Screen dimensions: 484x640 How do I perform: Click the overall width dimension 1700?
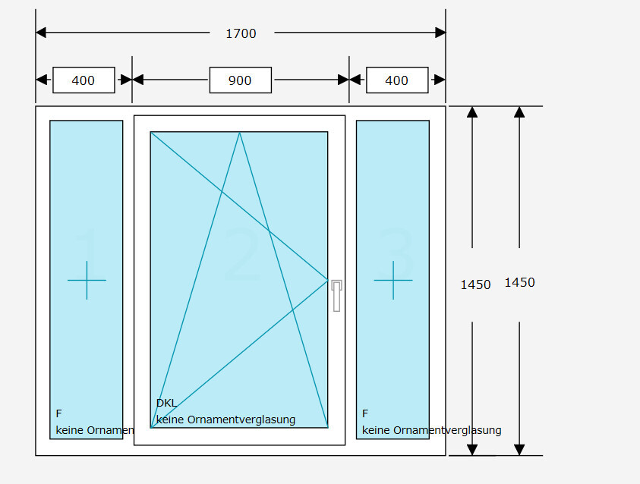pyautogui.click(x=241, y=33)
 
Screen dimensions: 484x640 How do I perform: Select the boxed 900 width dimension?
pyautogui.click(x=240, y=80)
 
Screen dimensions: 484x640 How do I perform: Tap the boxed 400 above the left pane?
pyautogui.click(x=84, y=80)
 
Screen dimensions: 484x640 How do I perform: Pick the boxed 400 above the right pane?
pyautogui.click(x=396, y=80)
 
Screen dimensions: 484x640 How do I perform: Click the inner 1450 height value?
pyautogui.click(x=475, y=284)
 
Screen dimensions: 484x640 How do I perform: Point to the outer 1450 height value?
pyautogui.click(x=519, y=282)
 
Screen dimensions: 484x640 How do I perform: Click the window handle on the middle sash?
pyautogui.click(x=336, y=295)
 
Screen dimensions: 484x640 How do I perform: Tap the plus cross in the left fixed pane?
pyautogui.click(x=87, y=280)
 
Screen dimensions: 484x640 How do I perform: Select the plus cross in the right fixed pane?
pyautogui.click(x=393, y=280)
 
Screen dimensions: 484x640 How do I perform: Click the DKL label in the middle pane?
pyautogui.click(x=166, y=403)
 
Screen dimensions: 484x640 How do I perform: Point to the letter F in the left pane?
pyautogui.click(x=58, y=413)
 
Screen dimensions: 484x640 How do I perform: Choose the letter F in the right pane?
pyautogui.click(x=365, y=413)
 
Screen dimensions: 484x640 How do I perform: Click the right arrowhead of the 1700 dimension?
pyautogui.click(x=440, y=33)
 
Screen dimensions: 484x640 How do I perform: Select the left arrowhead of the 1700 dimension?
pyautogui.click(x=41, y=33)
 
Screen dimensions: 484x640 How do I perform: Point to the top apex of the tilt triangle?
pyautogui.click(x=240, y=133)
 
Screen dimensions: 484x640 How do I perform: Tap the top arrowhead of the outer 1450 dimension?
pyautogui.click(x=519, y=112)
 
